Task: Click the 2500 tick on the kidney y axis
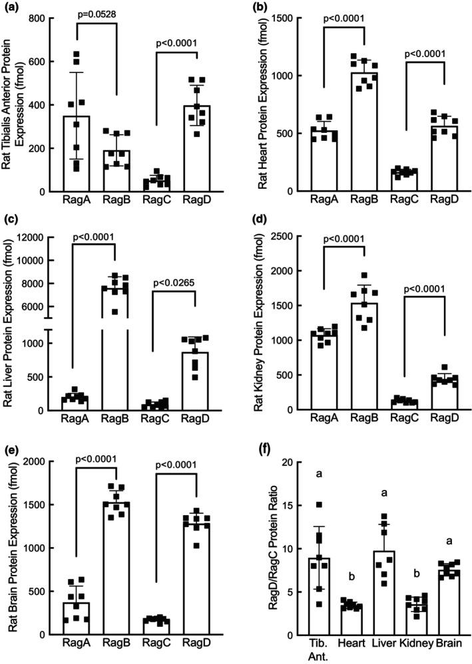(x=296, y=237)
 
